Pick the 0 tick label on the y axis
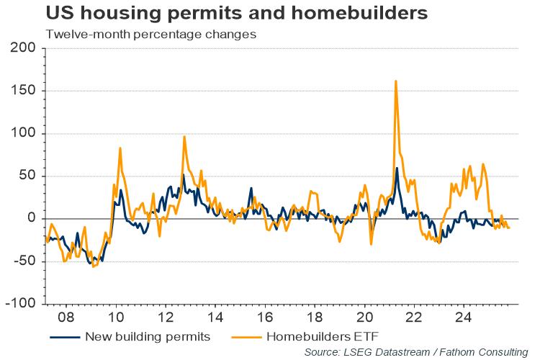tap(32, 218)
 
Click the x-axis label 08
tap(66, 317)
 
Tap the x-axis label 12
tap(165, 317)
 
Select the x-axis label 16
tap(264, 317)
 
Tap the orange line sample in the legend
tap(246, 336)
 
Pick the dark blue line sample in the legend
tap(64, 336)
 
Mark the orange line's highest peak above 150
tap(396, 81)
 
